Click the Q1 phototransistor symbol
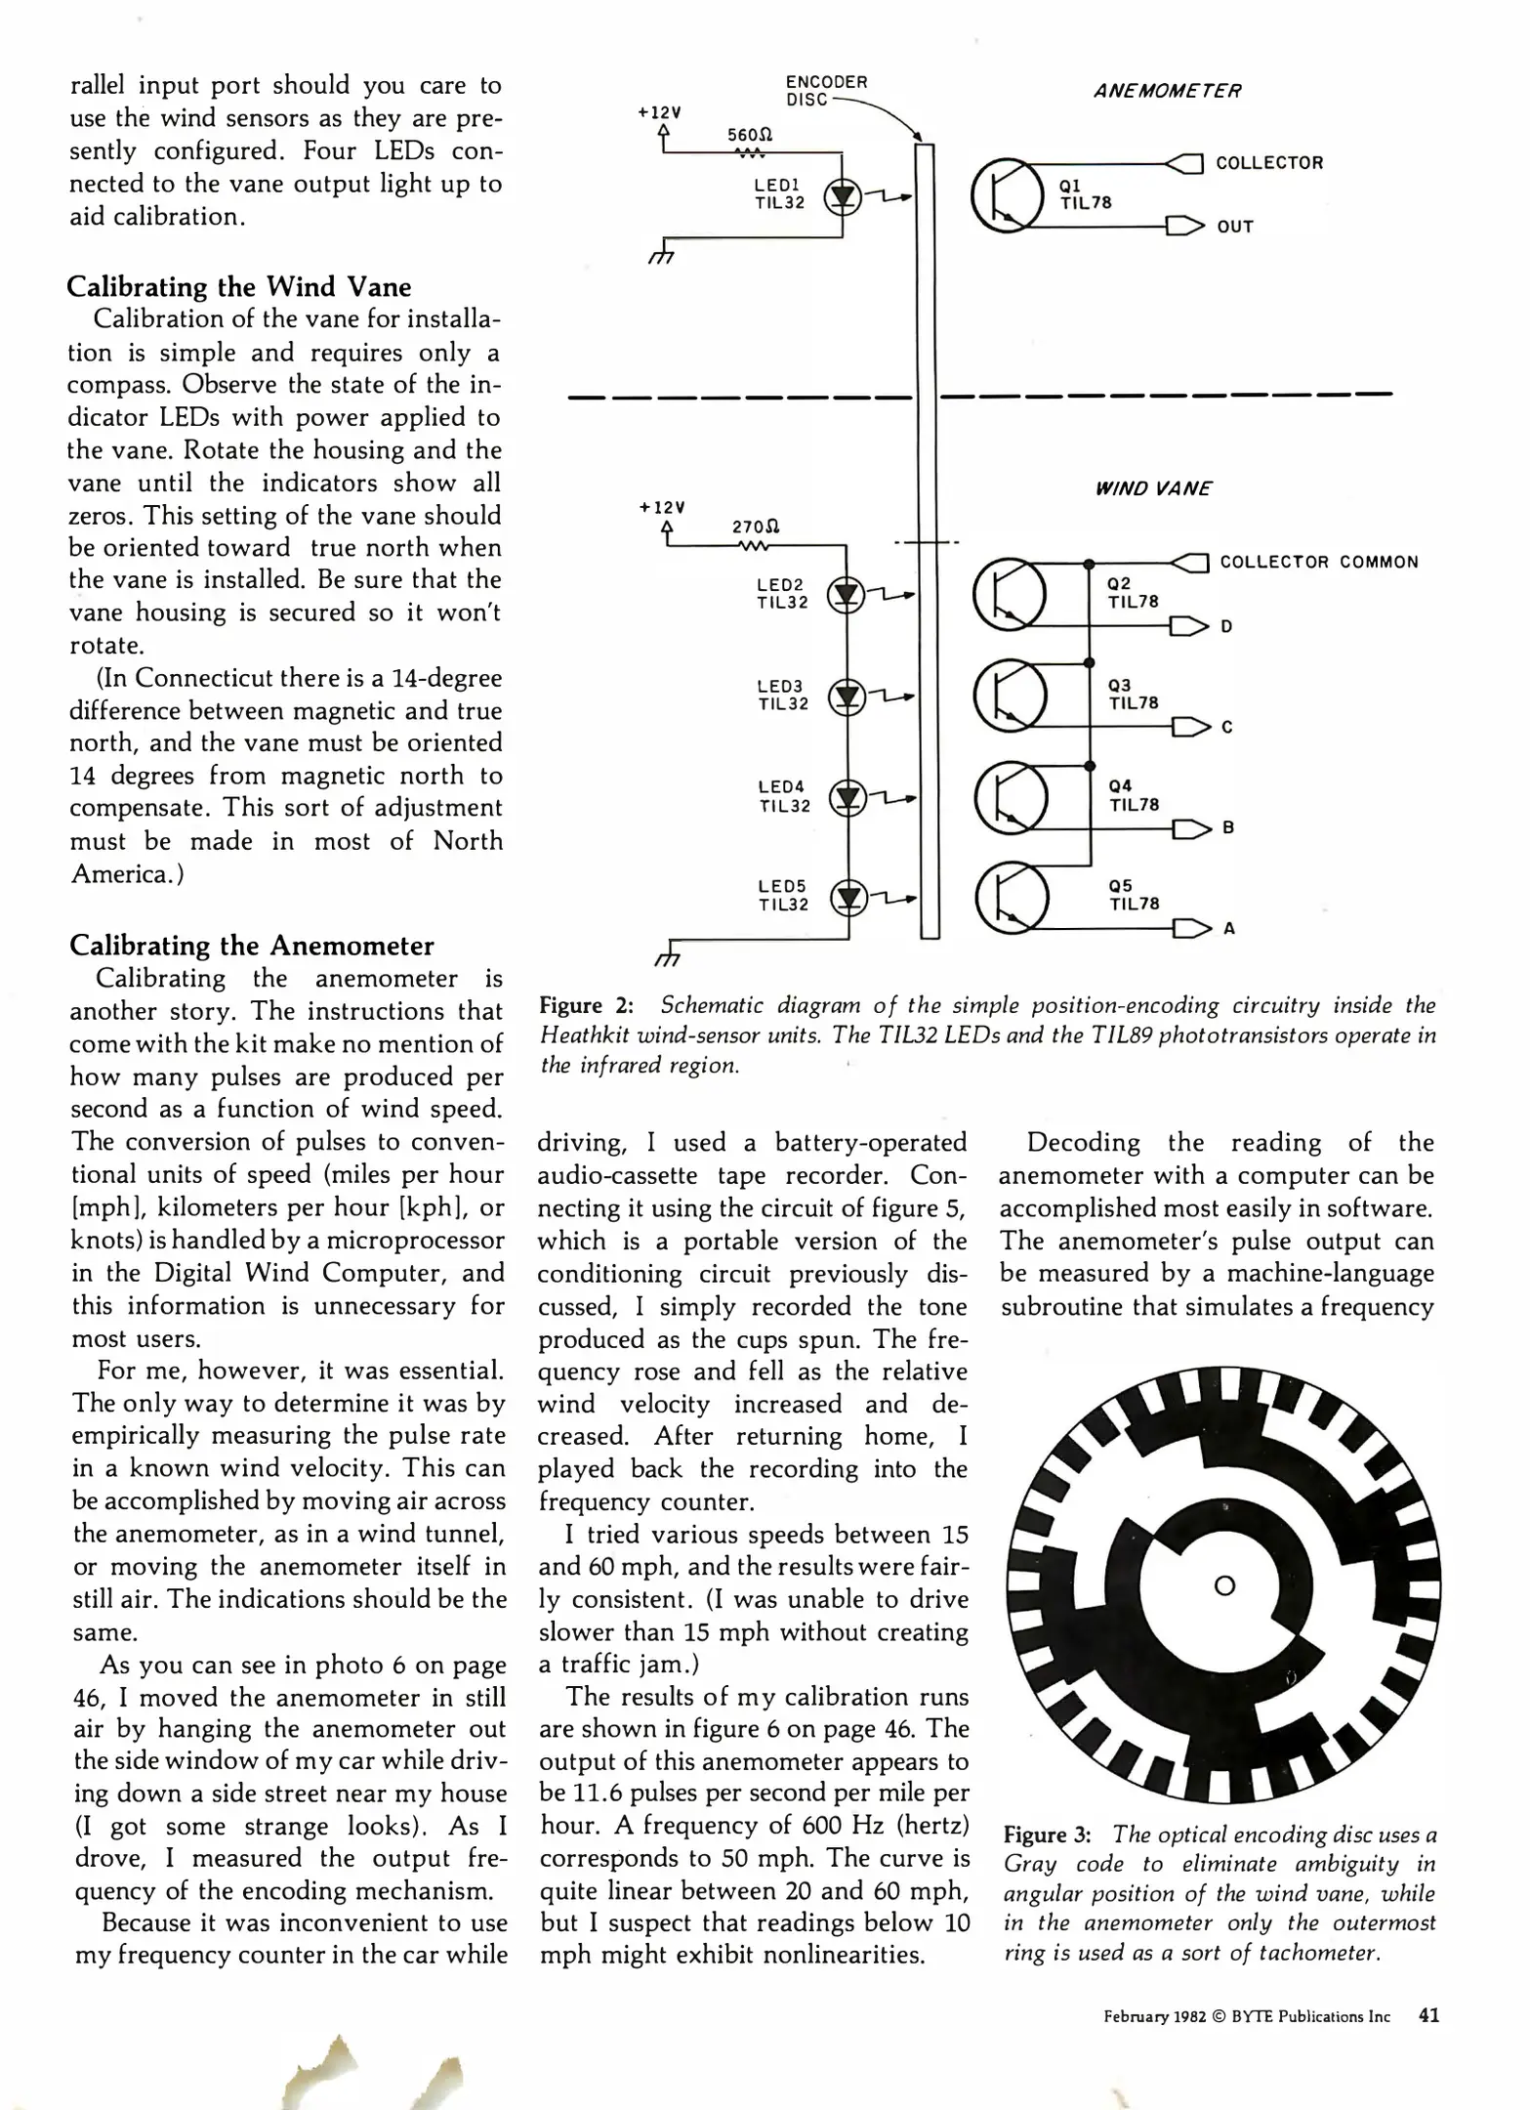[x=1006, y=194]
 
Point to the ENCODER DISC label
[x=826, y=90]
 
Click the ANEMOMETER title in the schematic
[x=1167, y=91]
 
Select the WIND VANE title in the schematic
[x=1152, y=488]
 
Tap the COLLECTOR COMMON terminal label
[x=1318, y=562]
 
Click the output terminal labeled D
[x=1226, y=626]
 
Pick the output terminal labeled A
[x=1228, y=928]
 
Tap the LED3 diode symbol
[x=847, y=696]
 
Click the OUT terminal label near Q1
[x=1234, y=227]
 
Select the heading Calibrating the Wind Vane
[x=239, y=287]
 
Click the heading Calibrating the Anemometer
[x=252, y=946]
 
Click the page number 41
[x=1428, y=2015]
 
